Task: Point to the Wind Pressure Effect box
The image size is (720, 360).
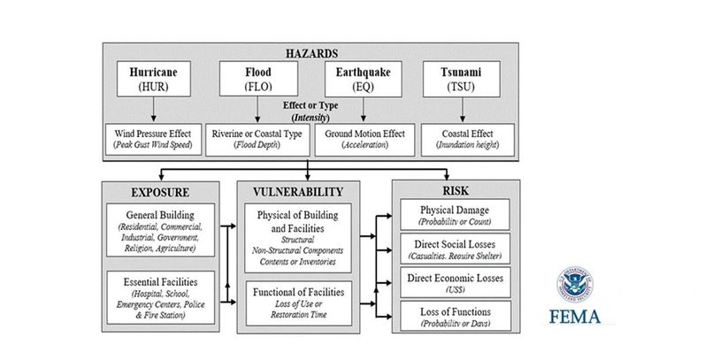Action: tap(154, 140)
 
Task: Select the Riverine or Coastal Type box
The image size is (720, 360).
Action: tap(257, 140)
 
